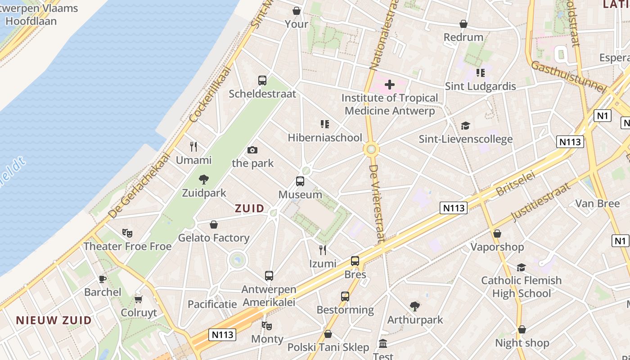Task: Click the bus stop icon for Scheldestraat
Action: click(262, 81)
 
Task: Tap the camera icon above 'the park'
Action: click(252, 150)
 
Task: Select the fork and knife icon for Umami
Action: click(193, 147)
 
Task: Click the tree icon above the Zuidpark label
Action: click(204, 180)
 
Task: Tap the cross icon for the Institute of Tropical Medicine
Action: click(390, 84)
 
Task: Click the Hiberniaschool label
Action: click(325, 138)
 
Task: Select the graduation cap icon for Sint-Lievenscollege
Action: click(465, 126)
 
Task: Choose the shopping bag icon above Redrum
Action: click(463, 24)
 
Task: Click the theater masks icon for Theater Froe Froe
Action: click(127, 233)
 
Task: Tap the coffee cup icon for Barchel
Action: click(103, 279)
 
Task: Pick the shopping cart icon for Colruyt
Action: click(139, 299)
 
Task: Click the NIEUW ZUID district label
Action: click(54, 320)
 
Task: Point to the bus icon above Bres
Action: click(355, 261)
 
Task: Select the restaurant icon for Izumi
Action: click(323, 250)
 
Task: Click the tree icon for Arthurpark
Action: click(415, 307)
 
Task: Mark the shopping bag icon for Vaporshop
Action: click(497, 234)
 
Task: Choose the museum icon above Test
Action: click(383, 344)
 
